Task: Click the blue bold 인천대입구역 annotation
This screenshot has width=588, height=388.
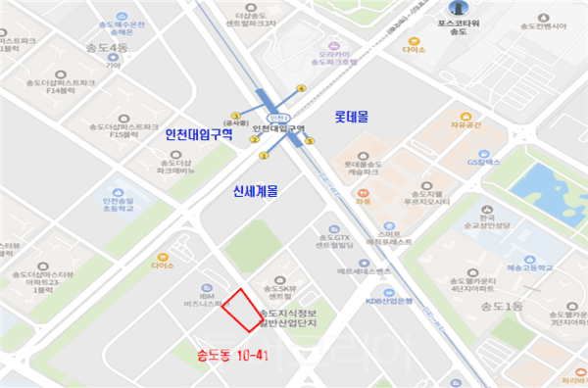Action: pyautogui.click(x=199, y=133)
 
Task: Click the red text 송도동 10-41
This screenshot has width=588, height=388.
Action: pyautogui.click(x=232, y=354)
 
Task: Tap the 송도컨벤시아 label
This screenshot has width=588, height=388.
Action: pyautogui.click(x=543, y=26)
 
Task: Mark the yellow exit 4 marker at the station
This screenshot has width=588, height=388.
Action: pyautogui.click(x=301, y=90)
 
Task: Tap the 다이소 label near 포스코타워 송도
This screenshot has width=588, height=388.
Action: pyautogui.click(x=415, y=47)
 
